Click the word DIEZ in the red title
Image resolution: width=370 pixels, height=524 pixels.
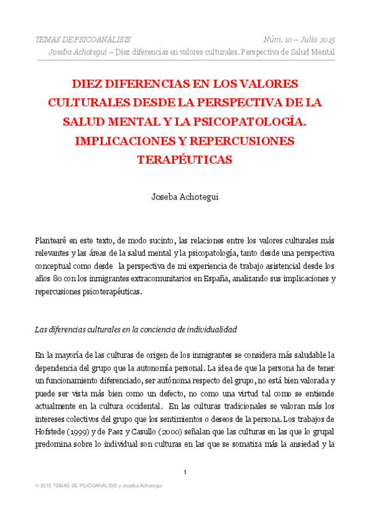click(90, 83)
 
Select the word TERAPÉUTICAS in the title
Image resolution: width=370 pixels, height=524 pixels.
click(185, 160)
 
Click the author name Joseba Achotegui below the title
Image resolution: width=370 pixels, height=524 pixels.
click(185, 198)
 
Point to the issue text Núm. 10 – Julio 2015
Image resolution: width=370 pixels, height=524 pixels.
click(299, 40)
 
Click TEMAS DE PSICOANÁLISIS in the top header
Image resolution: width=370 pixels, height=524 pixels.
click(83, 40)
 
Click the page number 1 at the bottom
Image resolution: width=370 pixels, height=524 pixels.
click(185, 472)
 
